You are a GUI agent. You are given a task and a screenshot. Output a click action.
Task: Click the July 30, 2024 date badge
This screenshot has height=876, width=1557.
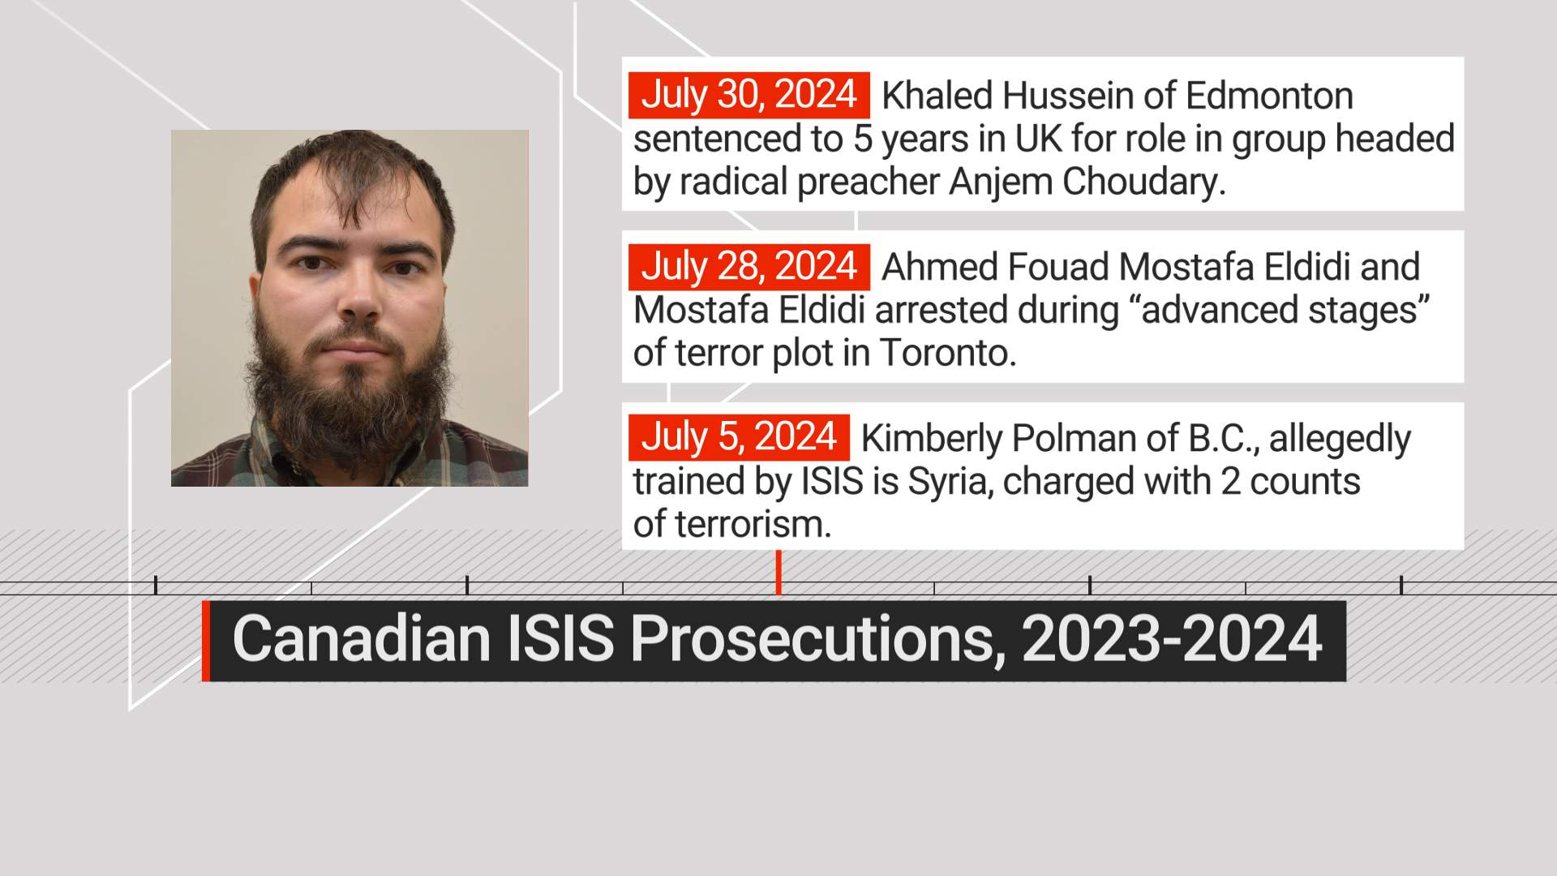click(x=748, y=95)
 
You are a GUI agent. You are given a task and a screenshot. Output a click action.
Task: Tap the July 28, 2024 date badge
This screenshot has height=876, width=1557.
click(x=748, y=267)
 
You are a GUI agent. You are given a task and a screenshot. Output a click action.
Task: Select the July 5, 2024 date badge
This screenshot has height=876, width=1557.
click(x=739, y=437)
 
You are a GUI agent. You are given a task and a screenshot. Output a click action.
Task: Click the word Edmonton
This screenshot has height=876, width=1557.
click(x=1269, y=96)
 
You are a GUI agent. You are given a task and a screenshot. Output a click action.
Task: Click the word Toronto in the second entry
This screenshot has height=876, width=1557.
click(x=947, y=353)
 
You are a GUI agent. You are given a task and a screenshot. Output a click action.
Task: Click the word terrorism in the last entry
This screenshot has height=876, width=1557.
click(x=732, y=525)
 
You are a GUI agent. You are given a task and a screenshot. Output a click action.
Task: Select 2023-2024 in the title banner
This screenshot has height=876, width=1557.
click(x=1172, y=639)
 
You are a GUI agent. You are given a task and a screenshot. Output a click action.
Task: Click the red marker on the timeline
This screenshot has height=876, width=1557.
click(x=778, y=572)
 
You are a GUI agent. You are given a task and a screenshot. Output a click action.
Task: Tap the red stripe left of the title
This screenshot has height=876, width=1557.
click(x=206, y=641)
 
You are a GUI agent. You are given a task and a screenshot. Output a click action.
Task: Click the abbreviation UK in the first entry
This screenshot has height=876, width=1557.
click(x=1039, y=139)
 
